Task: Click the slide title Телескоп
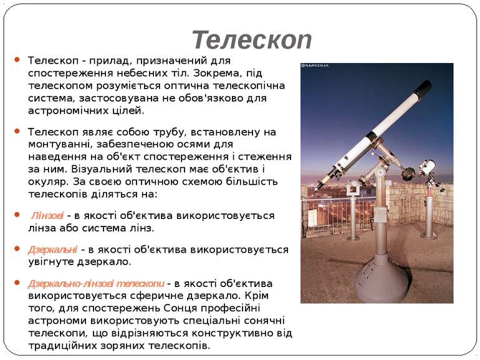coord(252,40)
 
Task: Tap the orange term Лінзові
coord(47,216)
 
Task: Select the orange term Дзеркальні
coord(52,250)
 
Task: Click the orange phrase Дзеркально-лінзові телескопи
coord(96,283)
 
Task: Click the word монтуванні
coord(58,145)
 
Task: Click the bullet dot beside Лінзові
coord(17,215)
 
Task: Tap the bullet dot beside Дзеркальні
coord(17,248)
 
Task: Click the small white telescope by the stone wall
coord(427,167)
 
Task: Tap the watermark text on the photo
coord(315,66)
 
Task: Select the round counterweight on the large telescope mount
coord(408,173)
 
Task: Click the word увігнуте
coord(50,262)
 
